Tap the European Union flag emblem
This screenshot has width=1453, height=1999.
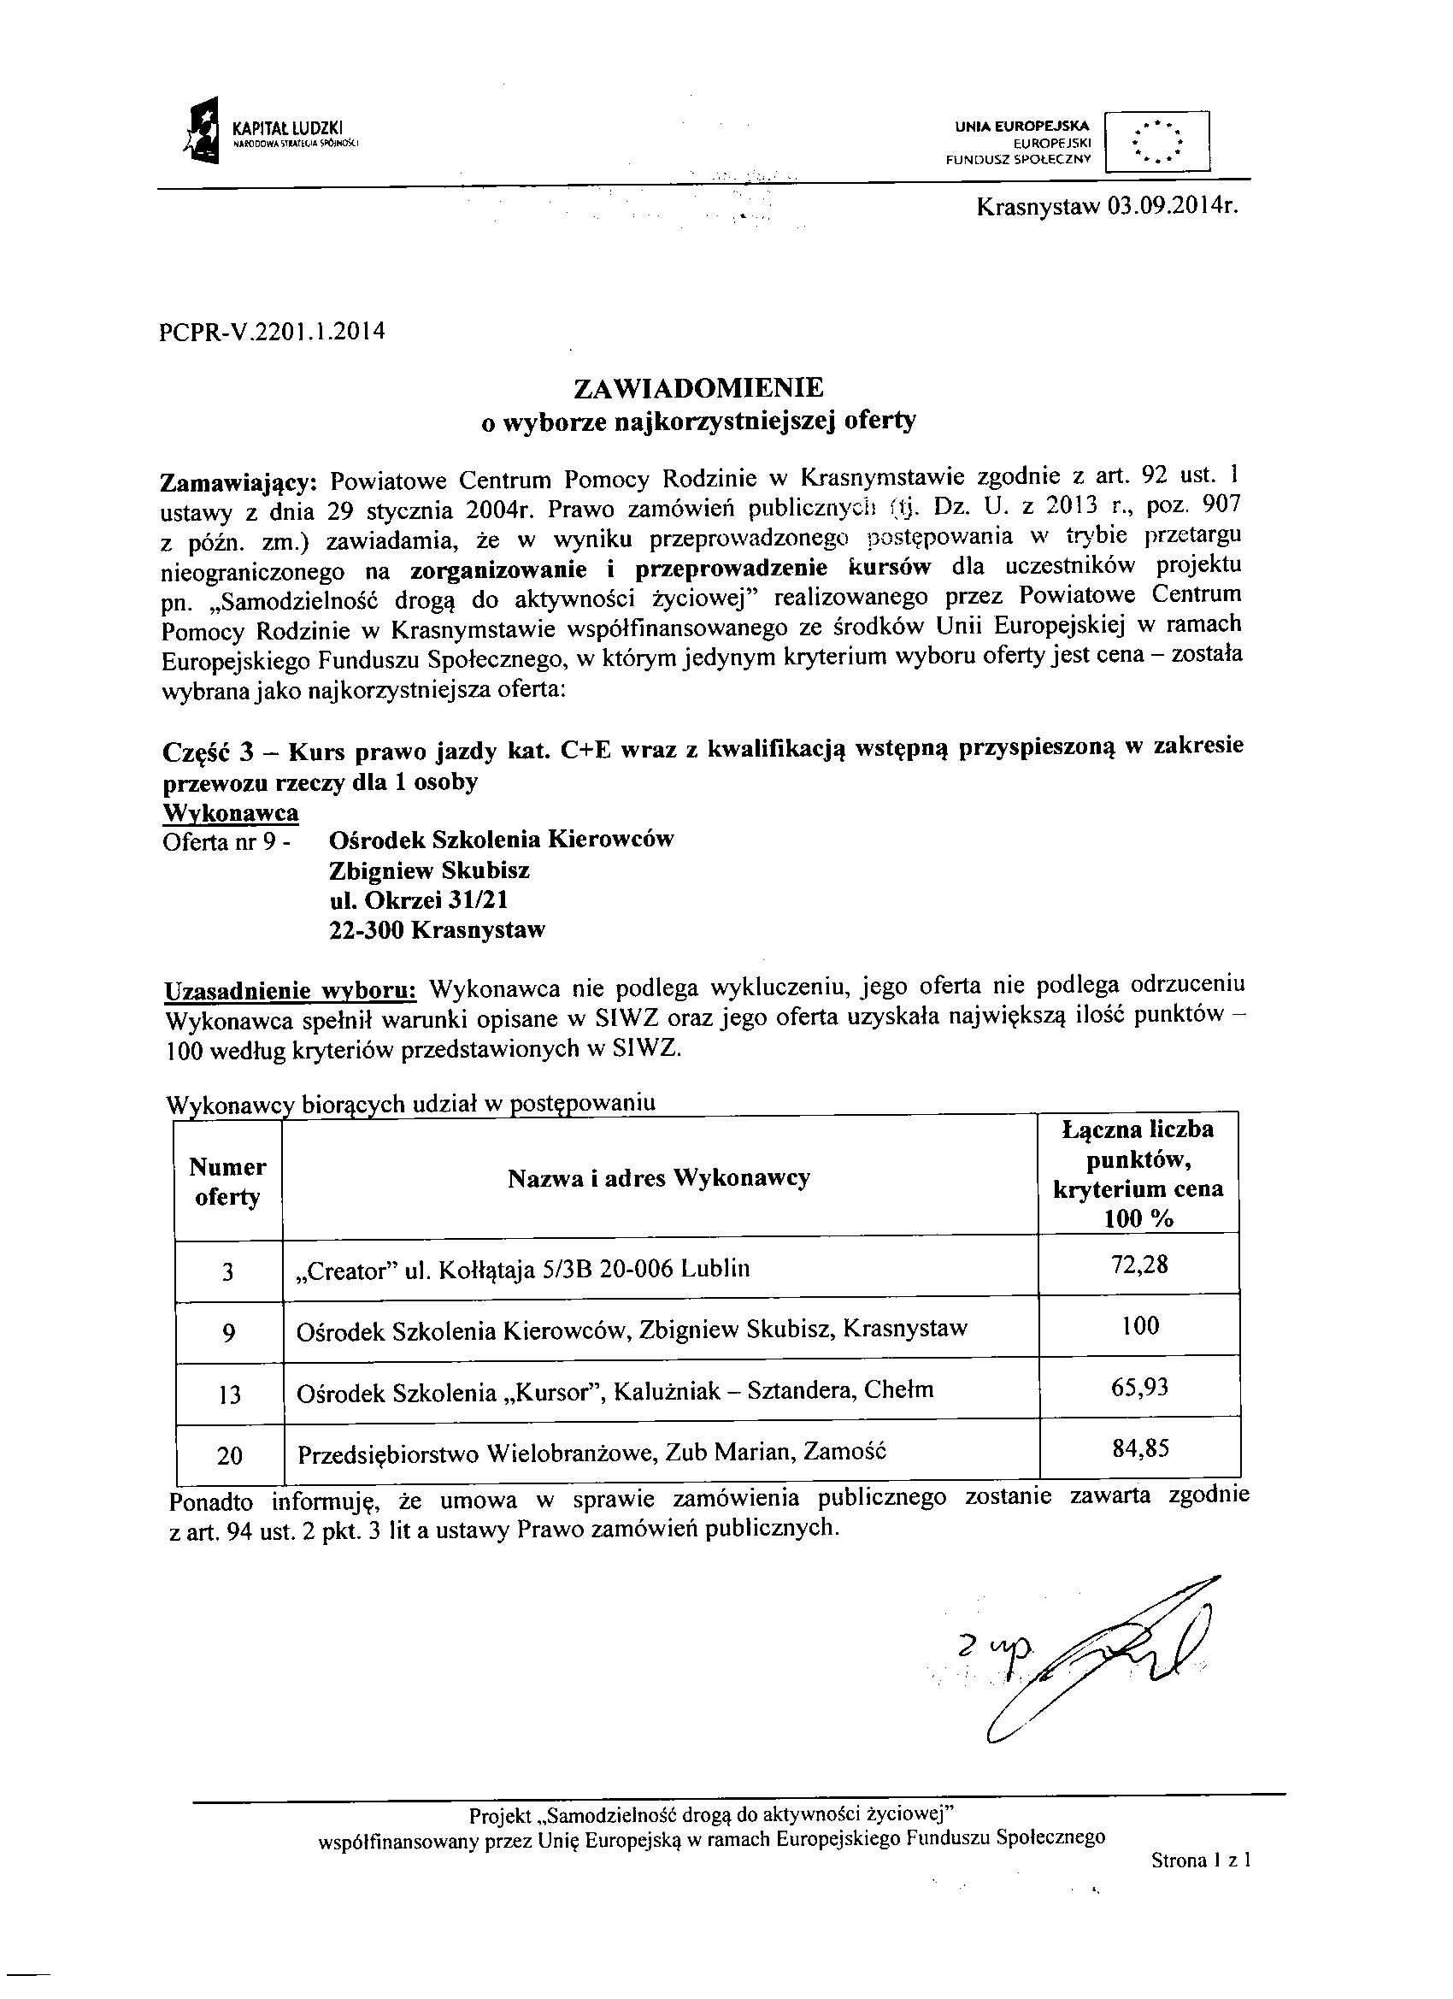1156,140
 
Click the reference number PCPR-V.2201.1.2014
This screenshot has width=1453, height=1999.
274,333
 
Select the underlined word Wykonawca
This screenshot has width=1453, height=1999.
231,811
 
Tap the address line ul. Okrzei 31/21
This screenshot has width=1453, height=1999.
418,900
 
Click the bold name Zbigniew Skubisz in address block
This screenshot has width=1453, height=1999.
429,870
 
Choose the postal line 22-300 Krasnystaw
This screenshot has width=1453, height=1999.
437,930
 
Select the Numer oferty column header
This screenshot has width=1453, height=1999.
227,1182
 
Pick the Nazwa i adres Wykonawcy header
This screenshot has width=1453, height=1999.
658,1178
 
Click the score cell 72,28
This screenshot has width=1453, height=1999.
1140,1265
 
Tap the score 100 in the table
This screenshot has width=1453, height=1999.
1140,1325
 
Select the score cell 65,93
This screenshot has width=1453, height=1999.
1140,1388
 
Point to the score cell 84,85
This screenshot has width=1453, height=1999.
1140,1449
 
